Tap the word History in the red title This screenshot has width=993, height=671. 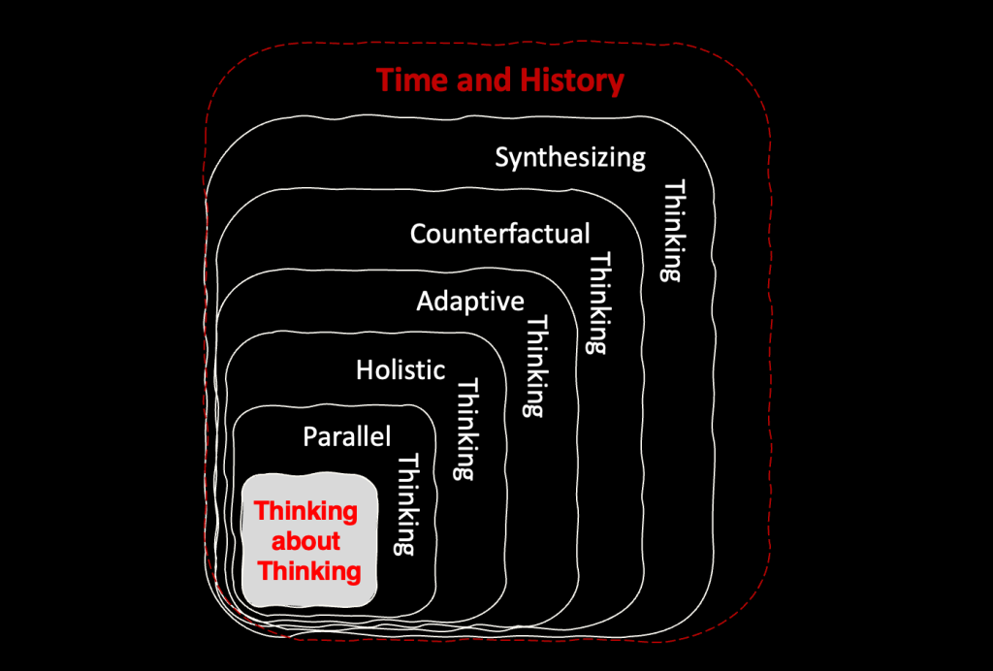tap(571, 81)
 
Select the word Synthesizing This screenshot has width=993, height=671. tap(570, 158)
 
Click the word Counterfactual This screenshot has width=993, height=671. tap(499, 234)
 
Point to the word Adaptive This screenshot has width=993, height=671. tap(470, 302)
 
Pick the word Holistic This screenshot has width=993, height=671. tap(400, 369)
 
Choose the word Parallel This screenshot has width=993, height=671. tap(346, 436)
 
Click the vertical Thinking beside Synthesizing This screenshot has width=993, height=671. tap(673, 231)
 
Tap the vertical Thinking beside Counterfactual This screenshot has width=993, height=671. tap(599, 304)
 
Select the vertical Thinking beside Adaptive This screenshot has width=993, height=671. tap(536, 367)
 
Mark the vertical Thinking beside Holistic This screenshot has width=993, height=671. tap(466, 430)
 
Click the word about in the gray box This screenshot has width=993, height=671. tap(305, 541)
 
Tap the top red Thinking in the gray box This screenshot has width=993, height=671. tap(305, 511)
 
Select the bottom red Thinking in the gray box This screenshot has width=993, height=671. tap(309, 571)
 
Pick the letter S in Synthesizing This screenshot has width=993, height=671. tap(502, 157)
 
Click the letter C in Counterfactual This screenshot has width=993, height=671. tap(418, 234)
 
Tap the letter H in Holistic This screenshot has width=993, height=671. tap(365, 369)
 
